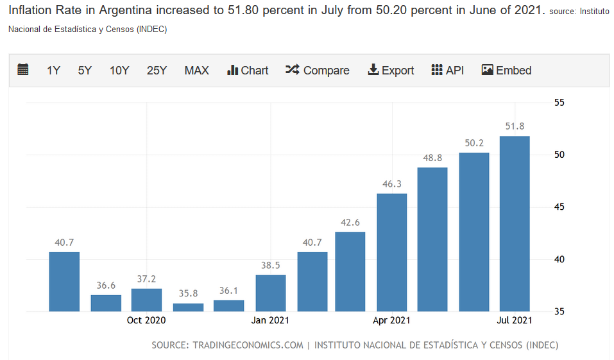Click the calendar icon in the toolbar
[23, 70]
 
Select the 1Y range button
[53, 71]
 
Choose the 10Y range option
[119, 71]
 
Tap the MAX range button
[196, 71]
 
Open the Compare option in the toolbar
[318, 71]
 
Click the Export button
[391, 71]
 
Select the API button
[447, 71]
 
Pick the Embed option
[506, 71]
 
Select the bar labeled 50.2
[474, 232]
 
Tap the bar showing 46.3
[391, 252]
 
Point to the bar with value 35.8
[188, 307]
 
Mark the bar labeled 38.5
[270, 293]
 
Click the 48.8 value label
[432, 158]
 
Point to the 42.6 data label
[350, 223]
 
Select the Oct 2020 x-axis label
[146, 320]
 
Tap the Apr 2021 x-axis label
[391, 320]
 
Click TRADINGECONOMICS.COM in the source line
[248, 345]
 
